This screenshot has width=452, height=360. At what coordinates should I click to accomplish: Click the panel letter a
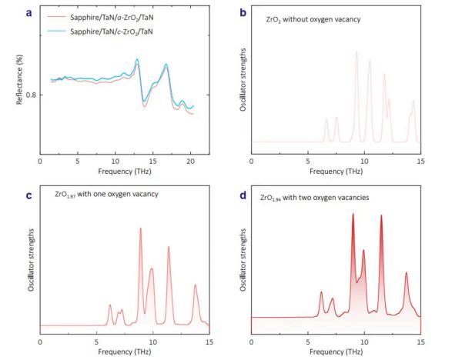28,13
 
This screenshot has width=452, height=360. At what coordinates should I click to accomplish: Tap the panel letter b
243,12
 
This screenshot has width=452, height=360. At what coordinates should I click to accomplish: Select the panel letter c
28,195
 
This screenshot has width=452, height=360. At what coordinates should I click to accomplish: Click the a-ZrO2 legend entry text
112,18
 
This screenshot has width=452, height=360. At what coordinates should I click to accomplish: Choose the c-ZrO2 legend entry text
112,32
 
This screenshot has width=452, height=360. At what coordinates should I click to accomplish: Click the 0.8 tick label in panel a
31,95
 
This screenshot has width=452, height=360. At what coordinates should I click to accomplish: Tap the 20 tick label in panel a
190,162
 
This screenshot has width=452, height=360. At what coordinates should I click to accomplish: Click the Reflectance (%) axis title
19,79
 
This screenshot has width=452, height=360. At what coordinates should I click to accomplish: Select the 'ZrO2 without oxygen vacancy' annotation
313,19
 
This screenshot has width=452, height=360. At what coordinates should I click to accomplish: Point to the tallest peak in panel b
357,52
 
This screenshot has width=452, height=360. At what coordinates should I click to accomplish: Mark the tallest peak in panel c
141,228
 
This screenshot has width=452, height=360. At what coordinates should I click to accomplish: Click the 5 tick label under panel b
308,162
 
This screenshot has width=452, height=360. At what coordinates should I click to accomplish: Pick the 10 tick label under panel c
152,342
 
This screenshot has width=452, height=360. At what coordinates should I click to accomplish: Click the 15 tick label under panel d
421,342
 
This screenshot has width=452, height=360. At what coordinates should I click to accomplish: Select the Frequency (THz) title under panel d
336,352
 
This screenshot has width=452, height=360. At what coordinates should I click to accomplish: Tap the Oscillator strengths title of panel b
243,79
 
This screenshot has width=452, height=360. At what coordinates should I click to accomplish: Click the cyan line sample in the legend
56,32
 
